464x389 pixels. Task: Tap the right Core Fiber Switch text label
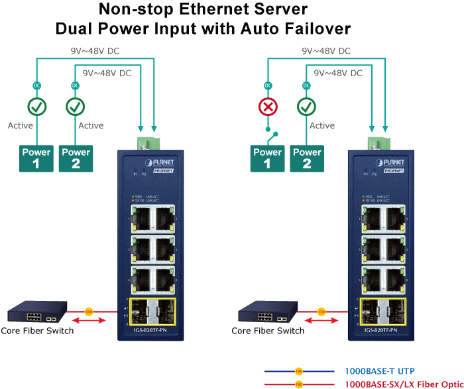(268, 330)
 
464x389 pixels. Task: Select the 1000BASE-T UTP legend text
(380, 371)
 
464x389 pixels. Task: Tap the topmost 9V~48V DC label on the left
(95, 50)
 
